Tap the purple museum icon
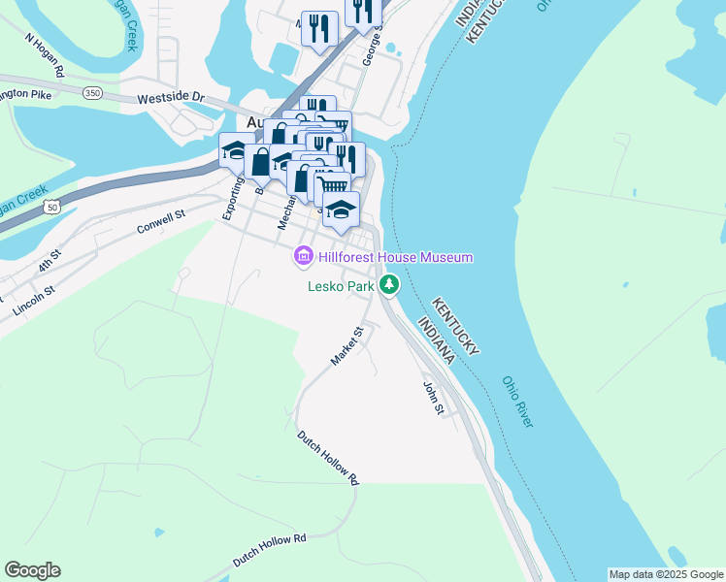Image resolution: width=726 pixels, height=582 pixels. point(304,257)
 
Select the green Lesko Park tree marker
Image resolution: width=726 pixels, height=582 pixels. point(389,285)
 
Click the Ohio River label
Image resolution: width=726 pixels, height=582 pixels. point(518,403)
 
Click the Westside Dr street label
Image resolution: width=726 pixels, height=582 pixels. point(171,98)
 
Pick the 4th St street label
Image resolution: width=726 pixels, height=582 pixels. point(49,261)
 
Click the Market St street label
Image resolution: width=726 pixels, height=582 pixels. point(346,346)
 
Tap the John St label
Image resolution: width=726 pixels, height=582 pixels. point(433,399)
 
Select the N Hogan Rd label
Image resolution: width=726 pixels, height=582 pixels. point(45,57)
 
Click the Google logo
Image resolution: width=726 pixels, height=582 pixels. point(32,570)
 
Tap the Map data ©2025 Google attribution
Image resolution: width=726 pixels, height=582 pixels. point(666,574)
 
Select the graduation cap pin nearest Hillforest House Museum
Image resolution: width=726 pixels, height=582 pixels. point(341,210)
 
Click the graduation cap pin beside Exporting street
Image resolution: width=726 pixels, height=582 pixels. point(237,150)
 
